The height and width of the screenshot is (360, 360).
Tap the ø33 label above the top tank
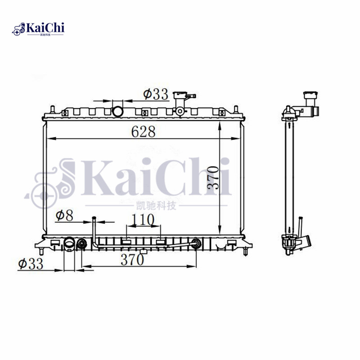pos(156,94)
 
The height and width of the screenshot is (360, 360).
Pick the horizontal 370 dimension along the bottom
pos(132,260)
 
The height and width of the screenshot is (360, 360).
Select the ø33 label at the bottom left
pos(31,264)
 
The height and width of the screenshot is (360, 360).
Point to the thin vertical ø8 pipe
pos(94,229)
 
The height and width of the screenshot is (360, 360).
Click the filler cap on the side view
pos(310,96)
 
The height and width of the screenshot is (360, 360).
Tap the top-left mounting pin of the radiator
pos(52,110)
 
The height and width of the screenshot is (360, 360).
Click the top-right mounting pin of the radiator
pos(234,110)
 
